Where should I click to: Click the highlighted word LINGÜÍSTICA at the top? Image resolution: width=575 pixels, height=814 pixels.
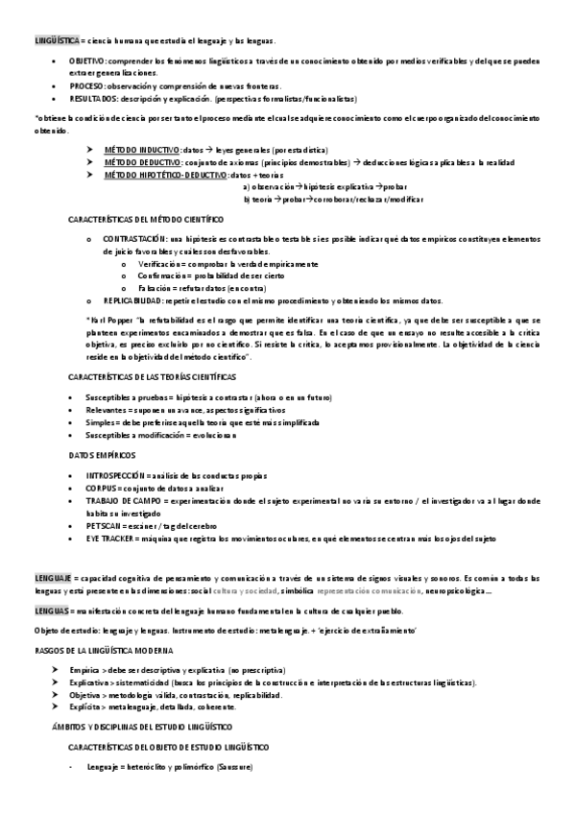point(57,40)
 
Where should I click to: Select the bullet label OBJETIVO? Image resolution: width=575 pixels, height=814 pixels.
point(87,60)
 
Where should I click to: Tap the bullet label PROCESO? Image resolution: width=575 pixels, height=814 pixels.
point(86,85)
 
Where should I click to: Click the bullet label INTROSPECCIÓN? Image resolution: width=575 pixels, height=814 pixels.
point(115,475)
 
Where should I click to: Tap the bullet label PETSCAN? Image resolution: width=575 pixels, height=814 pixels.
point(104,526)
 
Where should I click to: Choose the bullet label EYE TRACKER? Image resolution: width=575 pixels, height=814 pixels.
point(108,539)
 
